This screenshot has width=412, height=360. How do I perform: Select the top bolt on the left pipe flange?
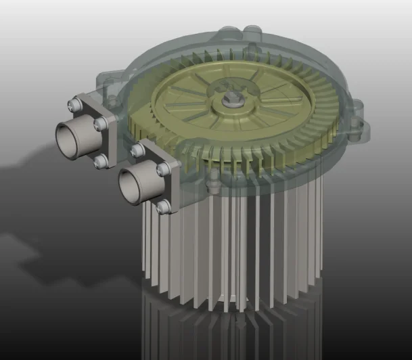[74, 104]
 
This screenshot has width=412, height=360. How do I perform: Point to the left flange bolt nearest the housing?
[101, 124]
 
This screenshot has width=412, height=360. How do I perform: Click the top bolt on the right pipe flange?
[137, 149]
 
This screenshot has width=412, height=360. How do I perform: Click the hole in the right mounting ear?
[357, 124]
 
